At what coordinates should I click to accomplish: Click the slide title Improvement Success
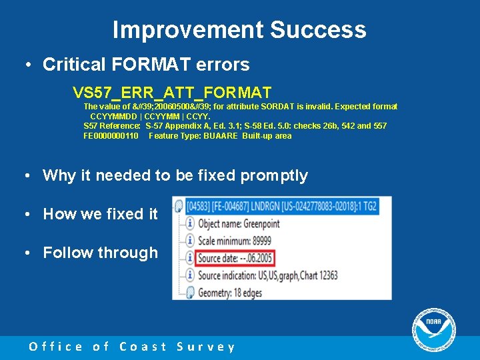(x=239, y=30)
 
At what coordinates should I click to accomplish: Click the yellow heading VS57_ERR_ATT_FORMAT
(x=172, y=91)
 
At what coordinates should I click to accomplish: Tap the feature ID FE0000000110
(x=111, y=136)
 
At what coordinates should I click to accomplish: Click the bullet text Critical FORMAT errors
(x=145, y=65)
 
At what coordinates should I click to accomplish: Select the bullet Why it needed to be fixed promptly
(x=175, y=175)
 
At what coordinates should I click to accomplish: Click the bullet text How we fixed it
(x=100, y=214)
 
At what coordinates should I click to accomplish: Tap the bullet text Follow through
(x=100, y=253)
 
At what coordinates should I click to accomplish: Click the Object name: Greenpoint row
(x=239, y=224)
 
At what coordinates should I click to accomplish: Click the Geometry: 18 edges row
(x=233, y=291)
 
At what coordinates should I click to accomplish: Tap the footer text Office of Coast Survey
(x=132, y=347)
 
